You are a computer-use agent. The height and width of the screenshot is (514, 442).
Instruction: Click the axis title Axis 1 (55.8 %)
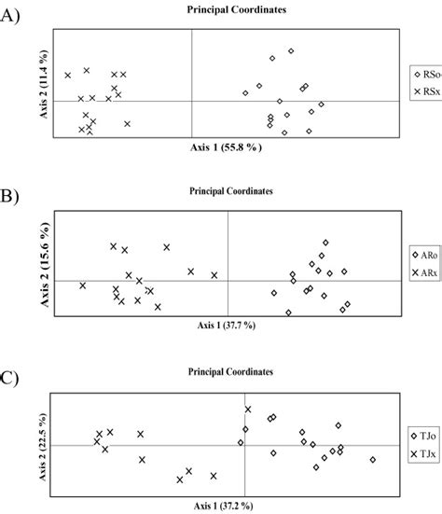227,147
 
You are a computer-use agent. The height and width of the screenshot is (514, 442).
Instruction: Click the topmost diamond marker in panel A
291,50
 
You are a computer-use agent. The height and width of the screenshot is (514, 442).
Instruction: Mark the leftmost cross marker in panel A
67,75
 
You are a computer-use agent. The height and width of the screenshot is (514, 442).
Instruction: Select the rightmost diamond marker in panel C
372,459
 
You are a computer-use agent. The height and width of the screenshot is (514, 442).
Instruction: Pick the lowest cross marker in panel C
180,479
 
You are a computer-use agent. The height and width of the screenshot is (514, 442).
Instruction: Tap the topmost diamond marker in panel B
325,243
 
